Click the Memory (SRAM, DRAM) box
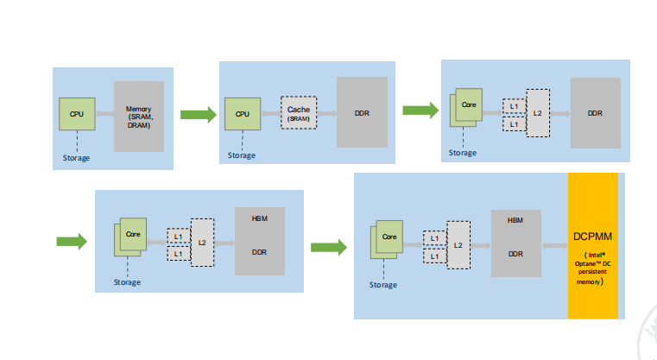point(139,117)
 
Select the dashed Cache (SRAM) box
point(299,113)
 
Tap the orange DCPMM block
point(592,245)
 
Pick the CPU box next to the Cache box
point(243,113)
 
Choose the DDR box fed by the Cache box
point(363,113)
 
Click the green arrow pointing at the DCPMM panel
point(328,248)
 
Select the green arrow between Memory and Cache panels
point(198,113)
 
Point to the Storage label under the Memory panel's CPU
point(76,158)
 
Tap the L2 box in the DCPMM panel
point(458,246)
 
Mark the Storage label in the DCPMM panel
point(383,285)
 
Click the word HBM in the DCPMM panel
point(516,220)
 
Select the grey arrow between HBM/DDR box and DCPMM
point(554,246)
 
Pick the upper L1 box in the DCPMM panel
point(434,238)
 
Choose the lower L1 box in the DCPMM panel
point(434,255)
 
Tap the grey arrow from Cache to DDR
point(326,113)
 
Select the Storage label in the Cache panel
point(242,155)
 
